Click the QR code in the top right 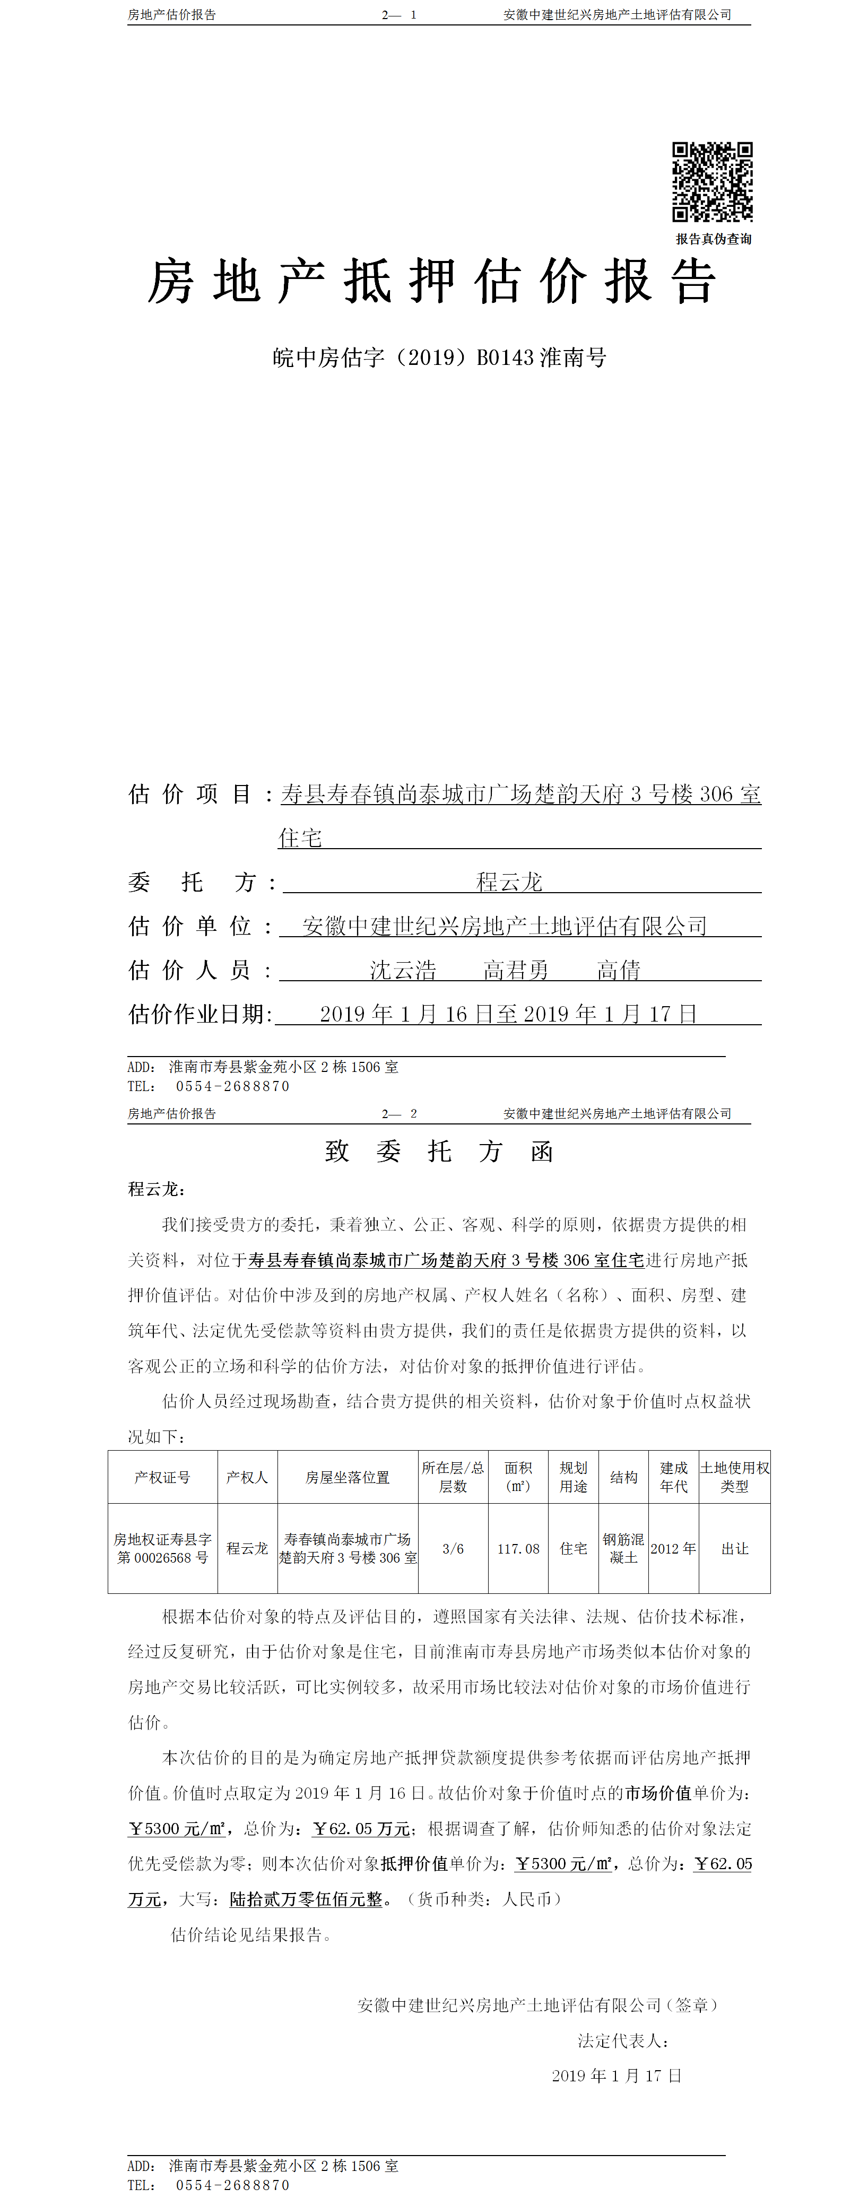[x=713, y=182]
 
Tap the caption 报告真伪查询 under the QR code [x=713, y=239]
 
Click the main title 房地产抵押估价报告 [x=432, y=282]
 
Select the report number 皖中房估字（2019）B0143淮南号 [x=438, y=357]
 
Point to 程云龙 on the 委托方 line [x=509, y=882]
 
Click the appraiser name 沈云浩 [x=403, y=970]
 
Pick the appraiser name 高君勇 [x=515, y=970]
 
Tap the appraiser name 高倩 [x=619, y=970]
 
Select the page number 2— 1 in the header [x=399, y=14]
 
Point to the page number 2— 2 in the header [x=399, y=1113]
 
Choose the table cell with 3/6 [x=453, y=1549]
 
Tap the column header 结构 [x=623, y=1477]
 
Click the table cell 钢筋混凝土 [x=623, y=1549]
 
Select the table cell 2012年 [x=673, y=1549]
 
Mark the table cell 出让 [x=734, y=1549]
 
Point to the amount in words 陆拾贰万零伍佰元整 [x=306, y=1899]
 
